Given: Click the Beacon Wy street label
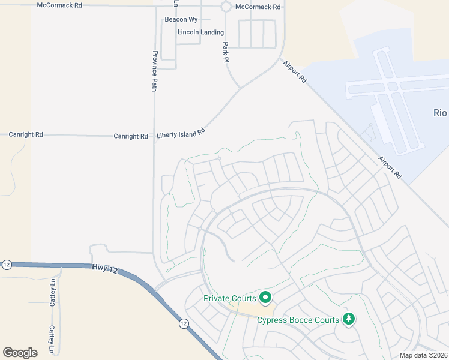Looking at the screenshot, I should [x=181, y=20].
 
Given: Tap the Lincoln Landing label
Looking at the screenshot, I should [x=200, y=32].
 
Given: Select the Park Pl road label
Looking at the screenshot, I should [x=226, y=52].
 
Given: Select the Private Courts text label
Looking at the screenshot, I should [x=230, y=298].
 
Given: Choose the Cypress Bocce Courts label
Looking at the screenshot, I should [x=298, y=320].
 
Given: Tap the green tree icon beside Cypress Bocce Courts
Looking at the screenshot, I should [x=348, y=319].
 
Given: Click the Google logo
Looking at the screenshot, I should [x=20, y=352].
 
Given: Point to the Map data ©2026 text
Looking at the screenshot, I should [x=423, y=355].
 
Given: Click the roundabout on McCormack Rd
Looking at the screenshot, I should [x=226, y=7].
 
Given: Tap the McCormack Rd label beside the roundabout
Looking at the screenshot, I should [x=258, y=7].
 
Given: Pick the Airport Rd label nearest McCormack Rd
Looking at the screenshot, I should [x=295, y=71].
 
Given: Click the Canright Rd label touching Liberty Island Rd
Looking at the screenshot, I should [x=131, y=136].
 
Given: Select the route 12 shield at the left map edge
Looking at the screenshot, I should [x=7, y=265].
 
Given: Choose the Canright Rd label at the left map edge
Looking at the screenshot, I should [x=26, y=135].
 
